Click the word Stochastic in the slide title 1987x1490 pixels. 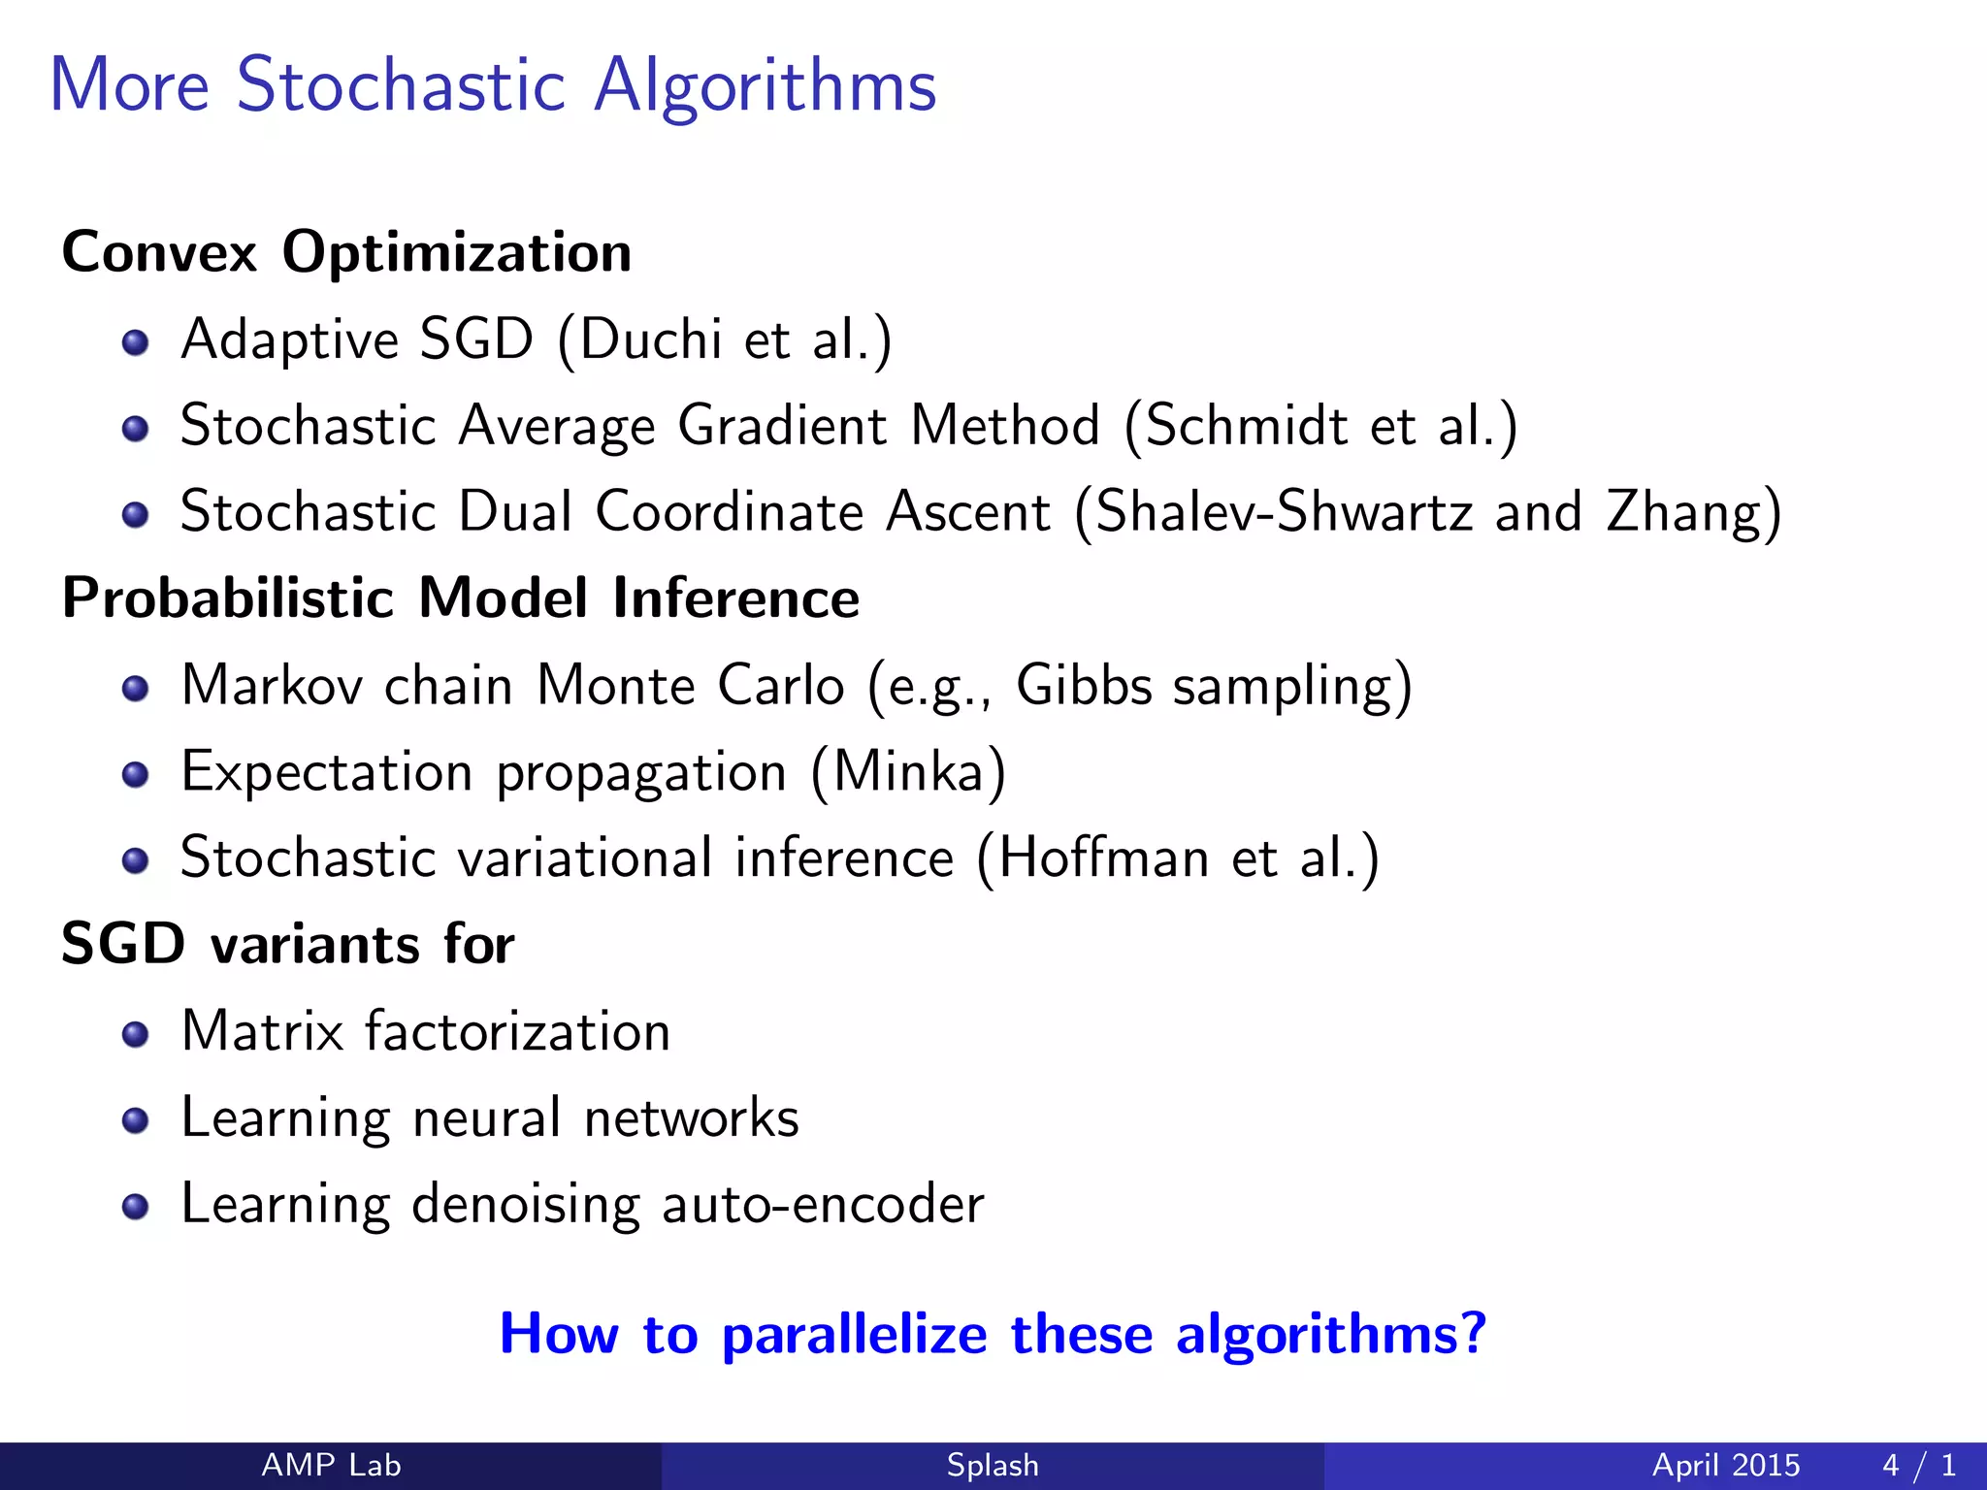coord(400,85)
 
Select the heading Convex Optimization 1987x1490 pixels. coord(346,253)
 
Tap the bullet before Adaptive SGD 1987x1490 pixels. coord(136,342)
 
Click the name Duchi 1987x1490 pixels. coord(650,340)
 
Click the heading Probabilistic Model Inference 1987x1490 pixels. coord(460,598)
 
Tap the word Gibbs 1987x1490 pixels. coord(1084,685)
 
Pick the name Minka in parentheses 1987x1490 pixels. coord(909,772)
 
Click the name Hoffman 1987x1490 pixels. coord(1103,858)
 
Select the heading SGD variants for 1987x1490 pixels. coord(287,944)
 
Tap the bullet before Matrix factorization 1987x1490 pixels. coord(136,1034)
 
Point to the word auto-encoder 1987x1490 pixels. coord(823,1205)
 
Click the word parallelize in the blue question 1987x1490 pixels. coord(854,1335)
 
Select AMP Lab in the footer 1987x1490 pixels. coord(331,1465)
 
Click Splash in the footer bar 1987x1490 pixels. coord(993,1465)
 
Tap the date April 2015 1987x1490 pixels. coord(1726,1465)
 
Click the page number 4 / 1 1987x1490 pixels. coord(1918,1465)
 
